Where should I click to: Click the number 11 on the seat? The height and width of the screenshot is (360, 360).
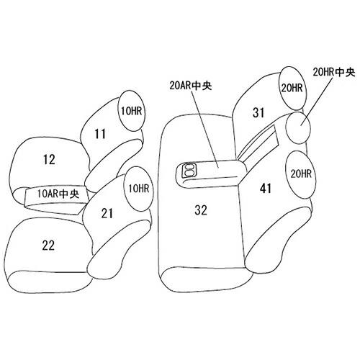point(100,134)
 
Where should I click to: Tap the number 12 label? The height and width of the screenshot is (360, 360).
point(49,160)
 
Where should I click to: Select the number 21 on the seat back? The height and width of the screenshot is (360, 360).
point(107,213)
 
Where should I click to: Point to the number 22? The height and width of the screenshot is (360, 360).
point(48,246)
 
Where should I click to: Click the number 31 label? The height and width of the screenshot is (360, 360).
point(258,112)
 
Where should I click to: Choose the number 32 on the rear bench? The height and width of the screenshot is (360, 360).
point(201,210)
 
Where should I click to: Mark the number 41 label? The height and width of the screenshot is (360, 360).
point(266,189)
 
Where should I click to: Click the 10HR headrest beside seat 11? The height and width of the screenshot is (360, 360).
point(131,111)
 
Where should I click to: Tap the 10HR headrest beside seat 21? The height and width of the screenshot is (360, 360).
point(138,189)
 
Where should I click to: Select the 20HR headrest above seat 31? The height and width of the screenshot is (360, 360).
point(292,88)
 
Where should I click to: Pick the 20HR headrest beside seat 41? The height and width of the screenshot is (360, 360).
point(301,174)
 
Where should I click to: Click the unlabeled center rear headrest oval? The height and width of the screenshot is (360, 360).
point(299,127)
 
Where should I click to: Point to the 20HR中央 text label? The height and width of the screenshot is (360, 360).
point(333,72)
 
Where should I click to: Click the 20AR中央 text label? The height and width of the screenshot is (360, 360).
point(191,86)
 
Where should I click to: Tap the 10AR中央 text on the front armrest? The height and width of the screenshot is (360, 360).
point(58,194)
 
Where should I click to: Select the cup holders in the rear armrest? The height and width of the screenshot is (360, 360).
point(189,170)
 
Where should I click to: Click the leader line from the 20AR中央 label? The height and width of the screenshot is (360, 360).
point(206,130)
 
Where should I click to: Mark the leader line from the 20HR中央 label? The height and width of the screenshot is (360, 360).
point(318,102)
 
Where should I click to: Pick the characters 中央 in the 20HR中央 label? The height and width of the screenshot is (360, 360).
point(345,72)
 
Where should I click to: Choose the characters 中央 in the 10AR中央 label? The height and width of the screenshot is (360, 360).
point(69,194)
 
